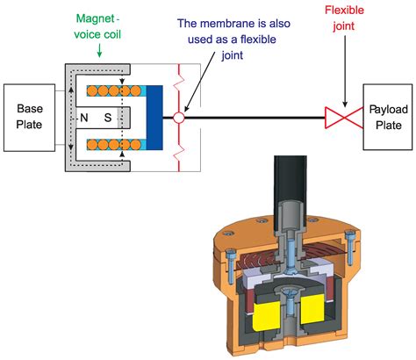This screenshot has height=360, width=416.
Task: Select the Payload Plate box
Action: [386, 116]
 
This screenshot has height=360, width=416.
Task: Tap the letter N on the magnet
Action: [84, 117]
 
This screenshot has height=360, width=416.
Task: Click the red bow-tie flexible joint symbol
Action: [338, 116]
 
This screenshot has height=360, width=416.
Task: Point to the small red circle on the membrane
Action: [179, 117]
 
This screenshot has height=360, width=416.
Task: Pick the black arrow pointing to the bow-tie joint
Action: [344, 70]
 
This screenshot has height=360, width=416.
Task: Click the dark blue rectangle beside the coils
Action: [154, 116]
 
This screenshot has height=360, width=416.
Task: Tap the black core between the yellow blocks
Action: [284, 316]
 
